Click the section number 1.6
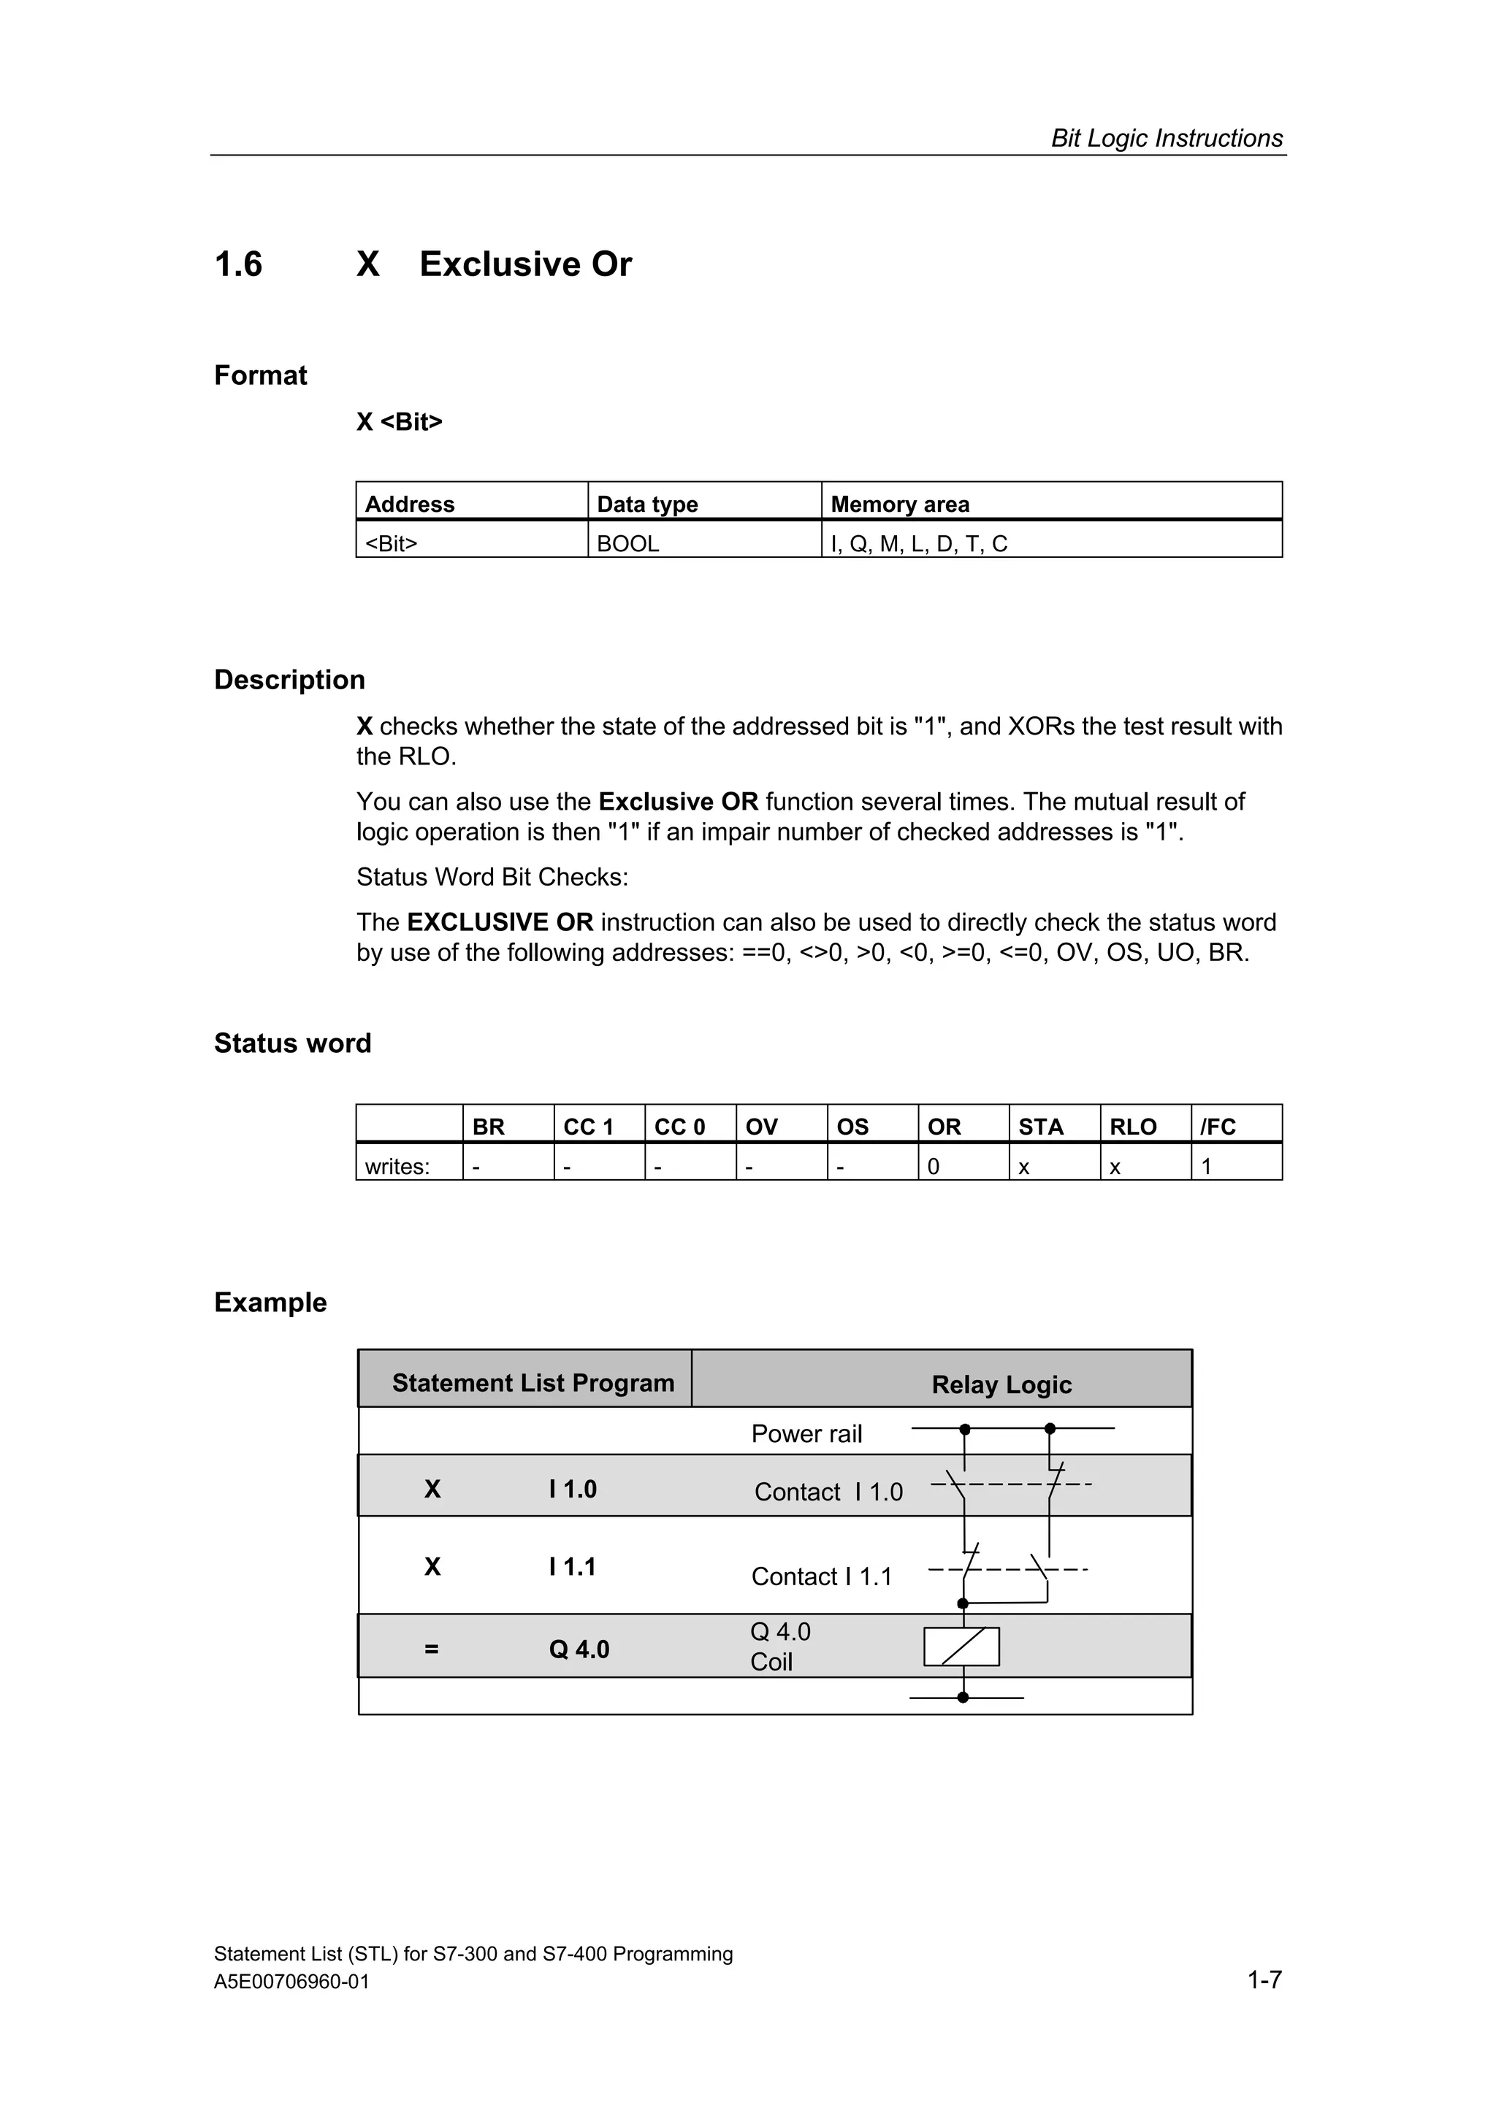pyautogui.click(x=238, y=264)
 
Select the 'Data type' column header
pyautogui.click(x=647, y=504)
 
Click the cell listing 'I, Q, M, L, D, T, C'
pyautogui.click(x=919, y=544)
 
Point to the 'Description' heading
pyautogui.click(x=289, y=681)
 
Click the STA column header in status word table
pyautogui.click(x=1041, y=1127)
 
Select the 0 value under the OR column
pyautogui.click(x=933, y=1167)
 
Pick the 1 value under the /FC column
pyautogui.click(x=1207, y=1167)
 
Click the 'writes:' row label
pyautogui.click(x=397, y=1167)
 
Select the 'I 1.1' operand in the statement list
pyautogui.click(x=573, y=1567)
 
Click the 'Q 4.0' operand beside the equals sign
pyautogui.click(x=579, y=1649)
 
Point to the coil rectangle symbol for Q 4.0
pyautogui.click(x=961, y=1647)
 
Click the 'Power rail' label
pyautogui.click(x=806, y=1434)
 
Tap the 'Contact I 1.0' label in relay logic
pyautogui.click(x=828, y=1492)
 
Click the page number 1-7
pyautogui.click(x=1264, y=1979)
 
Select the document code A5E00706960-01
pyautogui.click(x=291, y=1982)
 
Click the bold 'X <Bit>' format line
pyautogui.click(x=399, y=422)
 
